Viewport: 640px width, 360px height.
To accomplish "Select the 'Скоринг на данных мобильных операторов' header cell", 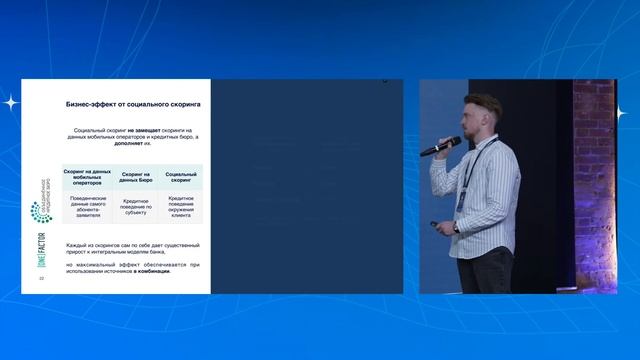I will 87,176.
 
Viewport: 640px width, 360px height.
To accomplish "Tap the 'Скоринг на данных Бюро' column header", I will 134,176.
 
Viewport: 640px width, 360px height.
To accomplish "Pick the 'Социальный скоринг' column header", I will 180,176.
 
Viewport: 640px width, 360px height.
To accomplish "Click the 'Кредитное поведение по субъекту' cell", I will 134,207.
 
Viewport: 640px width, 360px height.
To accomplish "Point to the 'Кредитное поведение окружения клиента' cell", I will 180,207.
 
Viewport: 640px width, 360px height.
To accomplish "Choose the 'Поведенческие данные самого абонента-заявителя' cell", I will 87,207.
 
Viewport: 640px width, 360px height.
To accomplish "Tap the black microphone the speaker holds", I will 437,148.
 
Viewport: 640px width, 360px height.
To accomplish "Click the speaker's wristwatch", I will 456,227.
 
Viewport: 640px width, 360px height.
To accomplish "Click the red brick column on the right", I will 594,180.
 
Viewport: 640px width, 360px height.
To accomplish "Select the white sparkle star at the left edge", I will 10,101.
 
